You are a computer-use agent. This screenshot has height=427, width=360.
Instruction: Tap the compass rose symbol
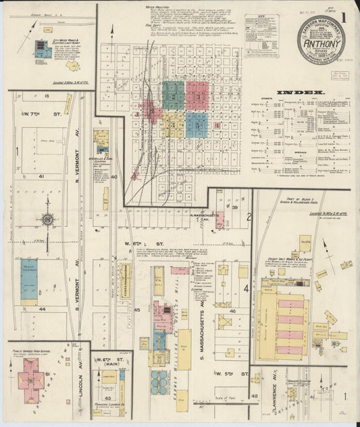[47, 219]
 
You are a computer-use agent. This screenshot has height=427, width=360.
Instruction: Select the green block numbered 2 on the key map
[174, 96]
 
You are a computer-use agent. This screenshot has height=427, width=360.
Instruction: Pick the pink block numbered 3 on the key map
[197, 96]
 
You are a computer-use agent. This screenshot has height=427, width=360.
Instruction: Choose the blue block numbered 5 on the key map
[197, 124]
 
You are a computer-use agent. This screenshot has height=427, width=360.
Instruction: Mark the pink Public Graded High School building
[30, 374]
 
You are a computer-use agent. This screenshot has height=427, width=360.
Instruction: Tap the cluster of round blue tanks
[159, 382]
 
